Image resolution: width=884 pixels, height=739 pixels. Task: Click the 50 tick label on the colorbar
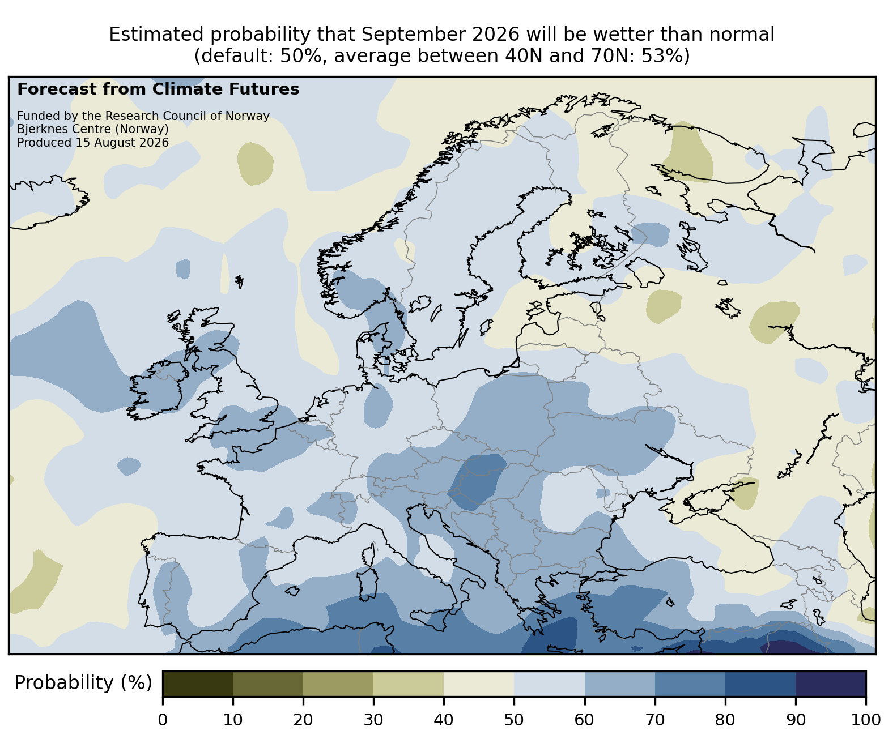[x=514, y=720]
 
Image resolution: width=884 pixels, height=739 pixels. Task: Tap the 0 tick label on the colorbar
[x=163, y=720]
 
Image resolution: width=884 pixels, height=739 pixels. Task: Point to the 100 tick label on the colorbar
[x=866, y=720]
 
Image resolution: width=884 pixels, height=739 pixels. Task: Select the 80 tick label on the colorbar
[x=725, y=720]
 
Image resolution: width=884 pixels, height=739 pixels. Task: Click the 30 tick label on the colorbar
[x=373, y=720]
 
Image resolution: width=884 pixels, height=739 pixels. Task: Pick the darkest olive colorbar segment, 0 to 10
[x=198, y=684]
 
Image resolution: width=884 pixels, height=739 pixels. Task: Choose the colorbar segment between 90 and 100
[x=831, y=684]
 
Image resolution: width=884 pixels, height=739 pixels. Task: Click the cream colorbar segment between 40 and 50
[x=479, y=684]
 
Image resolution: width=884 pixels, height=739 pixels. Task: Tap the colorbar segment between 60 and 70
[x=620, y=684]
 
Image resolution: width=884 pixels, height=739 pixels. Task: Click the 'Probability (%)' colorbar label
[x=83, y=683]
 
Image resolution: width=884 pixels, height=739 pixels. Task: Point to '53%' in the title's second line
[x=665, y=56]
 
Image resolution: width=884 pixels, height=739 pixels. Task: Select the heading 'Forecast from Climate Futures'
[x=158, y=89]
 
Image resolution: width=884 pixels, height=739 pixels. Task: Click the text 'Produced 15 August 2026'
[x=93, y=143]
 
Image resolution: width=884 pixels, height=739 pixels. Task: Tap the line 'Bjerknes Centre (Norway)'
[x=93, y=129]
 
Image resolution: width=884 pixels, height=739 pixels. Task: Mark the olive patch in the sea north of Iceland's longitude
[x=256, y=164]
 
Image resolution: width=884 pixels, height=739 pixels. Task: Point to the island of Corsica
[x=369, y=554]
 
